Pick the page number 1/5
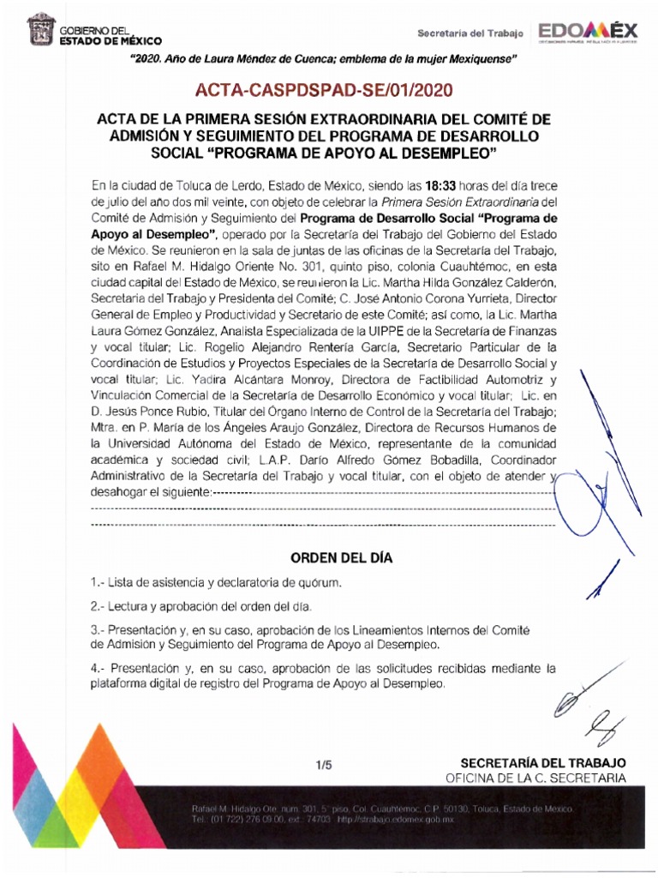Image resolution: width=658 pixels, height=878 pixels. tap(322, 763)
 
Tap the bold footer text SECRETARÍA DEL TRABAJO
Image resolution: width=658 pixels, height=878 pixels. tap(543, 762)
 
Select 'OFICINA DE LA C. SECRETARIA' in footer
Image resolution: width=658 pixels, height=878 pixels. tap(535, 778)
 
